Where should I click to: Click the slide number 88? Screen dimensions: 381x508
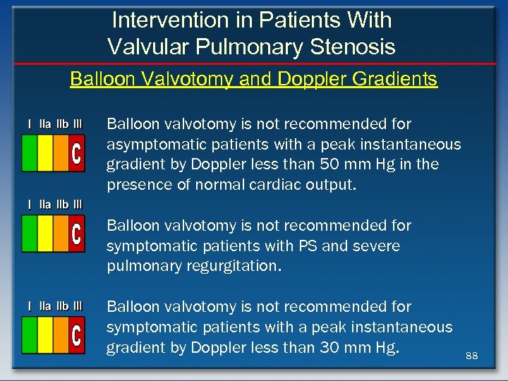tap(472, 356)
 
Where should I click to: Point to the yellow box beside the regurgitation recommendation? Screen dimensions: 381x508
tap(44, 234)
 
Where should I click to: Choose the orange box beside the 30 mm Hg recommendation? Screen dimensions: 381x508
tap(61, 335)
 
